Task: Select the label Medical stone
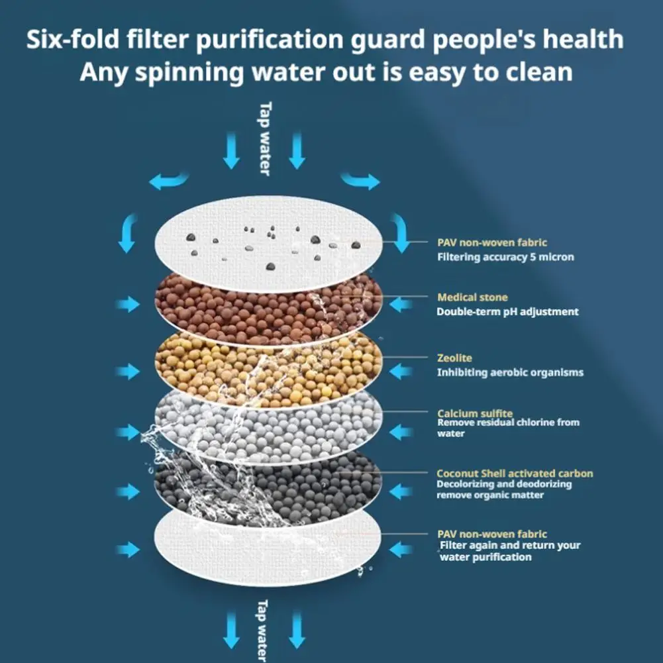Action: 472,297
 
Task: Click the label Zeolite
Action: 454,358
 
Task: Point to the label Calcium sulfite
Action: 475,414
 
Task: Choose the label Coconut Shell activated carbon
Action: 515,474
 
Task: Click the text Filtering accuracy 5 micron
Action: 505,257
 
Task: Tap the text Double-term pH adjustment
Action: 507,311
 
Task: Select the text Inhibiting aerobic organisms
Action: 510,372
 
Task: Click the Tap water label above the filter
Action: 265,138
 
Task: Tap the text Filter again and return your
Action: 511,546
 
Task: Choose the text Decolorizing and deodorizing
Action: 504,484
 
